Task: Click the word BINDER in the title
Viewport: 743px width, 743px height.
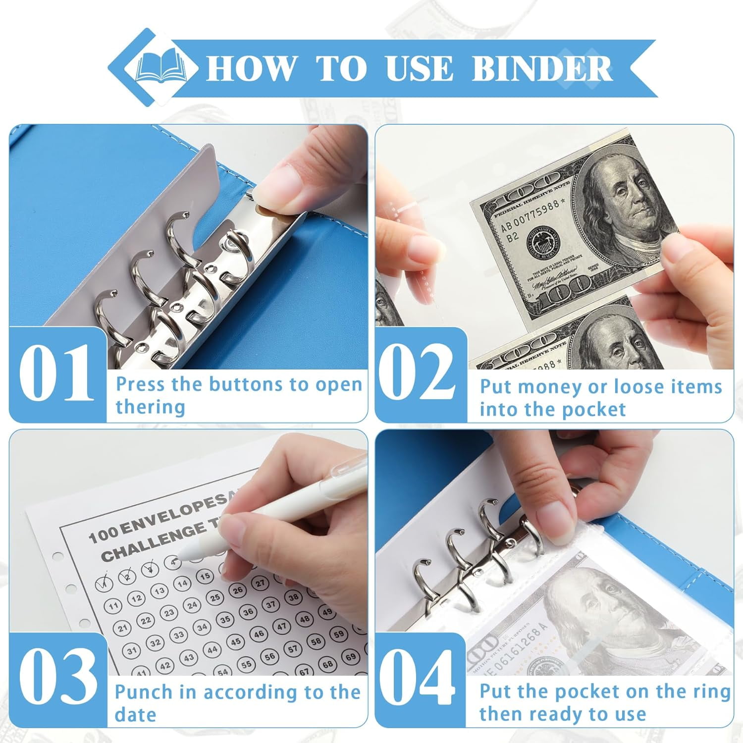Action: coord(542,68)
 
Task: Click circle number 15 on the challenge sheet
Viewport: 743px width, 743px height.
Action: coord(205,576)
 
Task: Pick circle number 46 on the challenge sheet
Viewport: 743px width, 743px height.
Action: coord(259,634)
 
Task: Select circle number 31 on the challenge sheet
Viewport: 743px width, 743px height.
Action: coord(132,650)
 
